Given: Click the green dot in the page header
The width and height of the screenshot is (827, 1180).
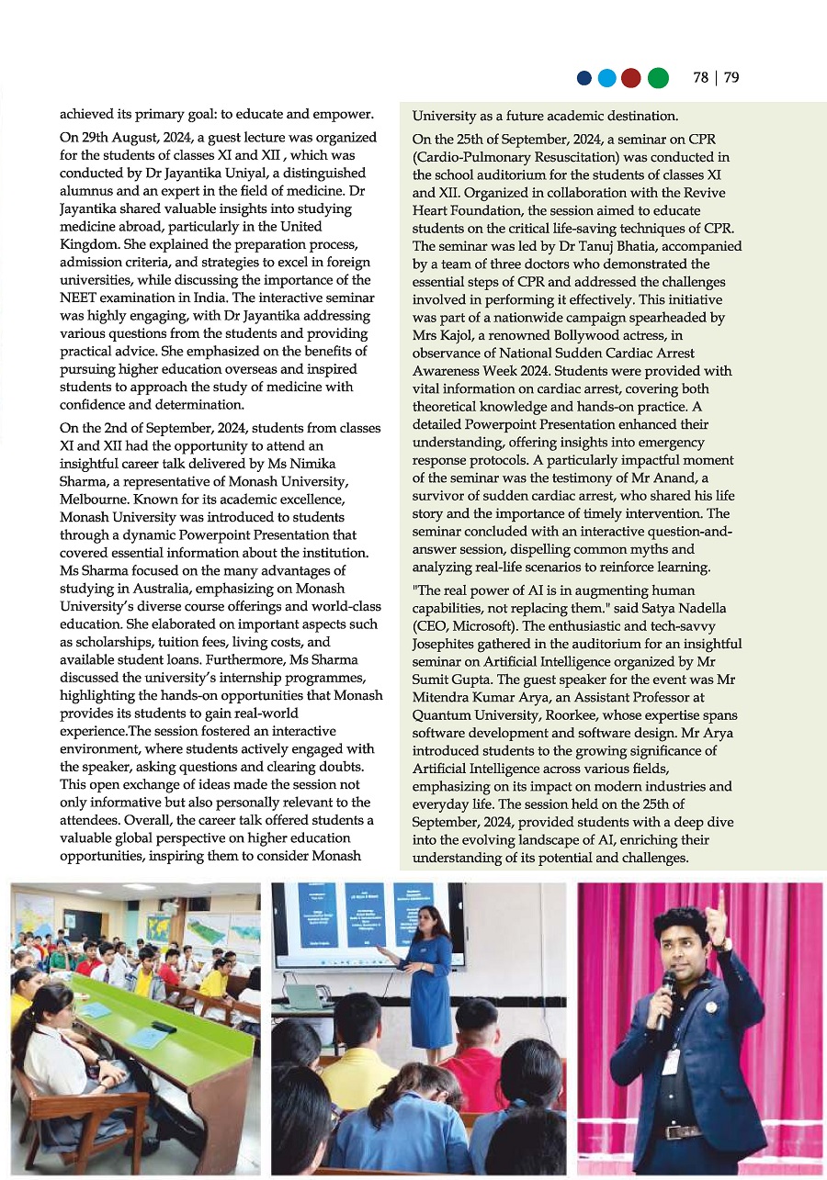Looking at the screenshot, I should pyautogui.click(x=658, y=78).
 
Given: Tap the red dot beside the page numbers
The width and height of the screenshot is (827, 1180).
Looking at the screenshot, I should pyautogui.click(x=630, y=78).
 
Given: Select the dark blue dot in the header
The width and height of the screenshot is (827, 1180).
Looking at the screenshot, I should pyautogui.click(x=583, y=78).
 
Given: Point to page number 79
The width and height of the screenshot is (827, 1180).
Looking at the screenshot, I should pyautogui.click(x=731, y=78).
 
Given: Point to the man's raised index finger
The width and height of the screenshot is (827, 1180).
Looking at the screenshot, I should pyautogui.click(x=721, y=903).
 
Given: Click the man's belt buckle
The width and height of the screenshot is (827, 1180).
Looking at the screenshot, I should pyautogui.click(x=685, y=1131).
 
